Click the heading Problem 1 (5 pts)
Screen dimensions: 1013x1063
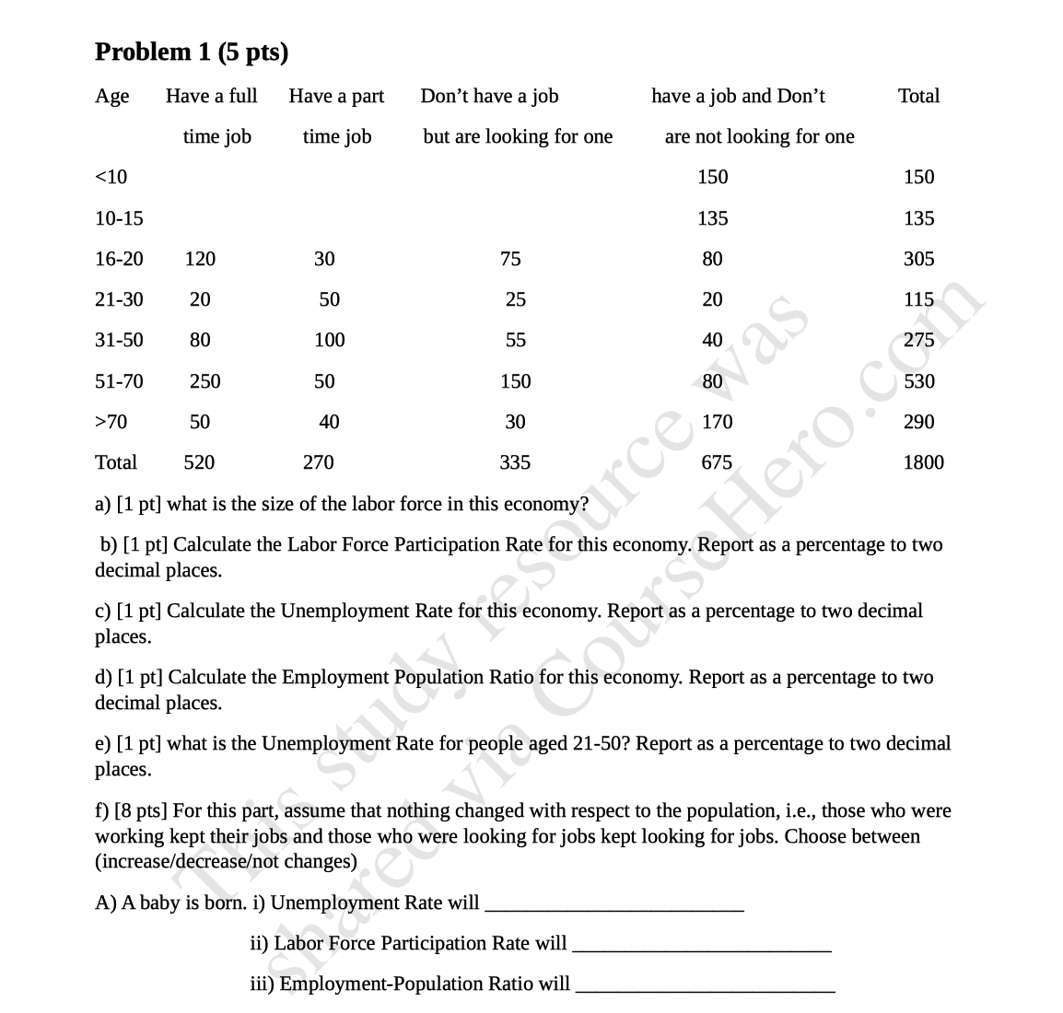click(192, 52)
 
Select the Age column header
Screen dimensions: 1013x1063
click(112, 97)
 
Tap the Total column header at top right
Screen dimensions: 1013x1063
click(918, 96)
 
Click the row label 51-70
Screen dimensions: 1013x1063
click(119, 381)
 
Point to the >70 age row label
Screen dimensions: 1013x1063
click(111, 422)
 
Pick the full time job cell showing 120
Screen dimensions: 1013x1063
click(200, 259)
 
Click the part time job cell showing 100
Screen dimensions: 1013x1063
click(329, 340)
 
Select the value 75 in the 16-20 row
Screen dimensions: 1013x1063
click(510, 259)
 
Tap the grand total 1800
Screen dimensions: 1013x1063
click(923, 462)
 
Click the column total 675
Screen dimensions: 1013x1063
click(717, 462)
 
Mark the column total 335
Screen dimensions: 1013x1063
click(515, 462)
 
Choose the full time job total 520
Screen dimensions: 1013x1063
click(199, 462)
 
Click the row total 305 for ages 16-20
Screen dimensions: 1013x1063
click(918, 259)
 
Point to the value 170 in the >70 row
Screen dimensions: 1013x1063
click(717, 422)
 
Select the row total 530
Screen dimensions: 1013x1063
click(918, 381)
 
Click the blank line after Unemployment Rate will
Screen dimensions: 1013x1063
click(613, 904)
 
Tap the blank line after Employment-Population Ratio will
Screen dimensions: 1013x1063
click(705, 985)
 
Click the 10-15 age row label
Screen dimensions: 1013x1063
click(119, 218)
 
